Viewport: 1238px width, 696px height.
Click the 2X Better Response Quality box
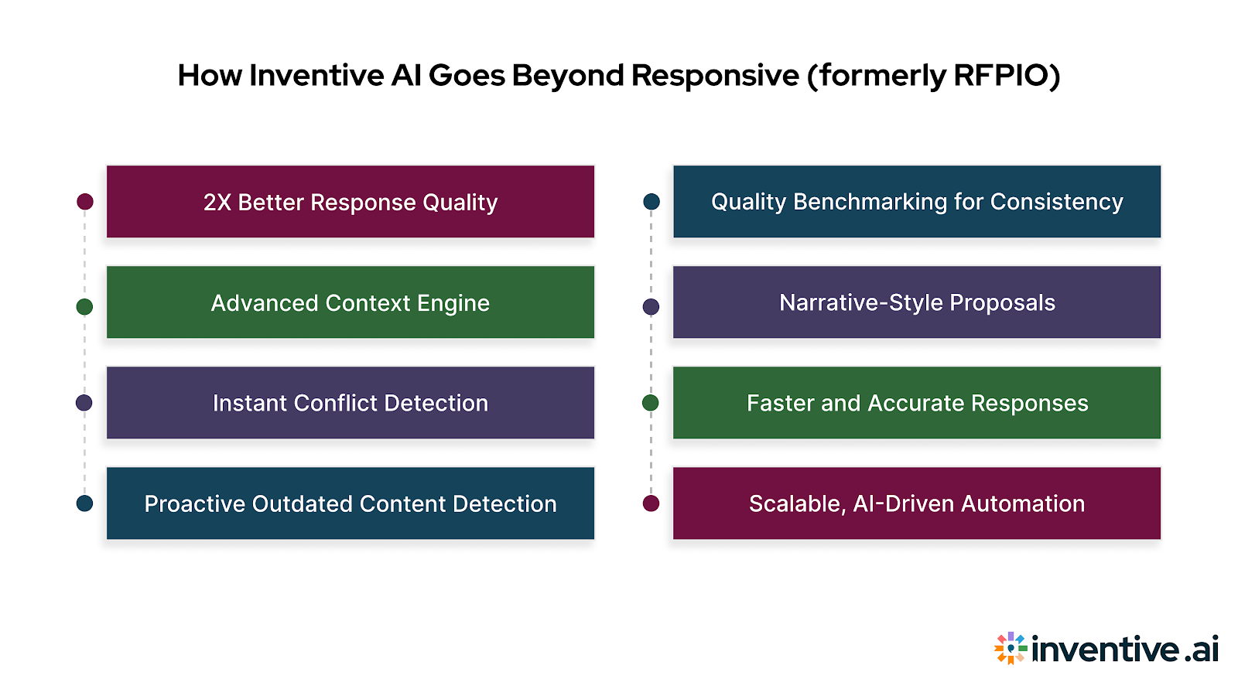tap(350, 202)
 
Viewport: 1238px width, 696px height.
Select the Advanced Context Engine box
tap(350, 302)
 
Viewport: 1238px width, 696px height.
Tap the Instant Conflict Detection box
tap(350, 403)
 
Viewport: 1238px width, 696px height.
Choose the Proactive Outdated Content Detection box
tap(350, 503)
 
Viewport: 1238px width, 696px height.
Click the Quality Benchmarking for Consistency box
tap(916, 202)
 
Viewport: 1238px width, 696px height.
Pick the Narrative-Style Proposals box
tap(916, 302)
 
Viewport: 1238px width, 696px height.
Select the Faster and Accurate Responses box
tap(916, 403)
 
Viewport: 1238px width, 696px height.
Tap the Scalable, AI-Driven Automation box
tap(916, 503)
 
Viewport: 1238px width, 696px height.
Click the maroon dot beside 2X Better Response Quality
tap(85, 202)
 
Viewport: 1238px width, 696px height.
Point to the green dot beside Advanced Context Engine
tap(85, 307)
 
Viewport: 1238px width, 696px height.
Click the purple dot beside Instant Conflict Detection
tap(84, 403)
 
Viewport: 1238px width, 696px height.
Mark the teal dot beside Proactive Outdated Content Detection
tap(85, 503)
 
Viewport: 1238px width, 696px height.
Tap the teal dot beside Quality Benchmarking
tap(651, 202)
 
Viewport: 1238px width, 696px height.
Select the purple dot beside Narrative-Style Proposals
tap(651, 307)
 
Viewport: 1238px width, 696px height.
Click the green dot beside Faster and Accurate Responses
tap(651, 403)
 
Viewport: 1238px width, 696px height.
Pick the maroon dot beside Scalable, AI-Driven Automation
tap(651, 503)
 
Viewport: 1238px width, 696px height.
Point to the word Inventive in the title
tap(316, 76)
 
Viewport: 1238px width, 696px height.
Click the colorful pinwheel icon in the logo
tap(1011, 648)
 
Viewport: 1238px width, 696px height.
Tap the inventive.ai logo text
tap(1125, 649)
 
